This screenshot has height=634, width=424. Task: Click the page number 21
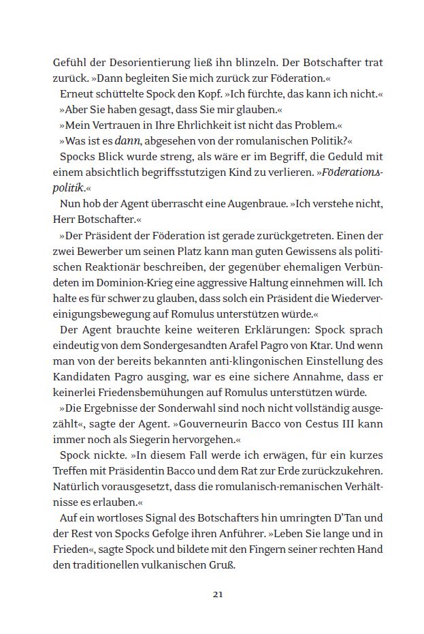(x=218, y=594)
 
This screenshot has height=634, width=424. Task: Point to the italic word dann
(x=129, y=141)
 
